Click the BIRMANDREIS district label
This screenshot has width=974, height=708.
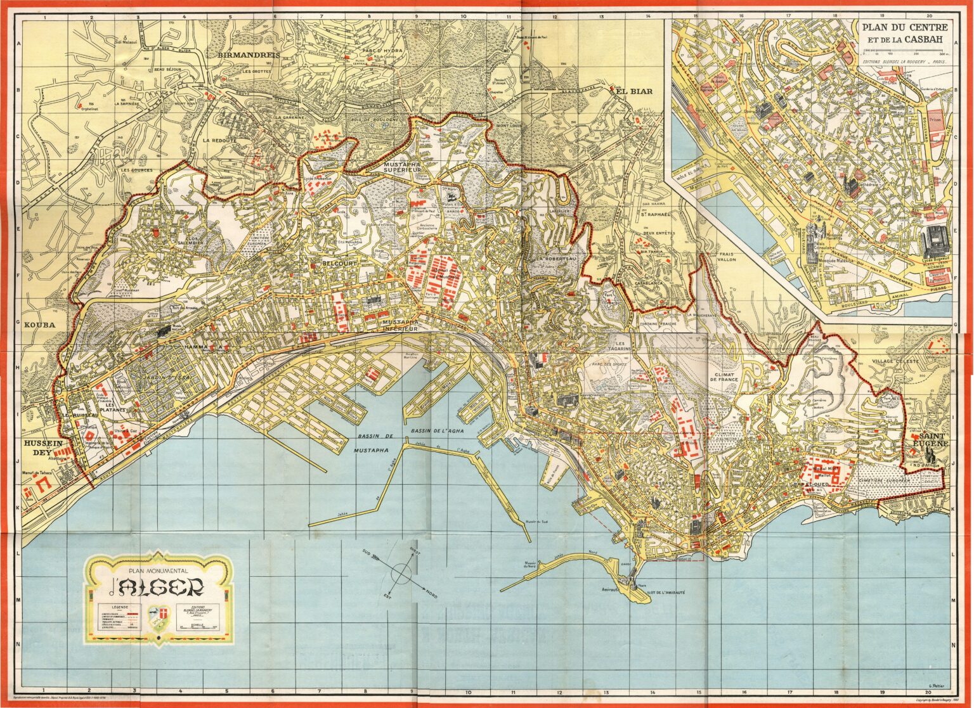click(x=249, y=55)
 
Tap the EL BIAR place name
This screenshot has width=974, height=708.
click(x=634, y=91)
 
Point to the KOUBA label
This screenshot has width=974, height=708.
click(x=40, y=325)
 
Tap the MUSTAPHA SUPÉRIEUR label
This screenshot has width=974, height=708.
click(x=403, y=167)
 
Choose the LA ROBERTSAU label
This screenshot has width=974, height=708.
click(x=554, y=260)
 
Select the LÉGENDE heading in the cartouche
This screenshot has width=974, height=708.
click(x=114, y=606)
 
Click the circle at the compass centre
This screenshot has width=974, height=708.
click(x=401, y=574)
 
